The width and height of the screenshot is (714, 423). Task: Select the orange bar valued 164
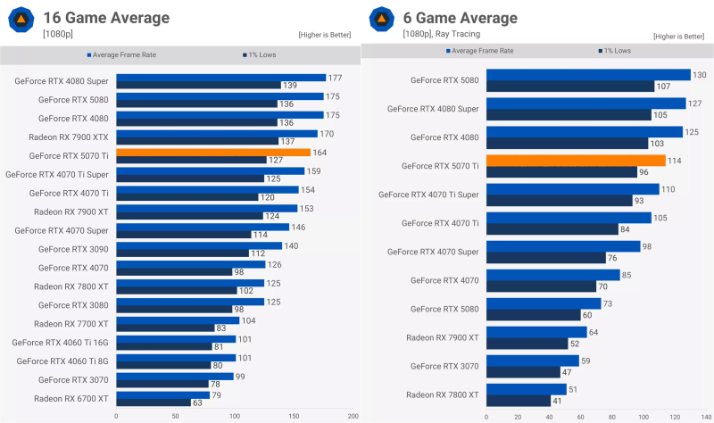click(213, 153)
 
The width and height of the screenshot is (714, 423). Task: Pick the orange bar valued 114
click(575, 161)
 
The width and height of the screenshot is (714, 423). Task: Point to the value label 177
click(336, 78)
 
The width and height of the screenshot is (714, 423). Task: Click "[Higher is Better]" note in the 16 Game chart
click(324, 35)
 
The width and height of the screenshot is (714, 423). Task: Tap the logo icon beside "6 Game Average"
click(379, 20)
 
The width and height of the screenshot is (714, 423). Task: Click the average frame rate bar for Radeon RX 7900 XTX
click(217, 134)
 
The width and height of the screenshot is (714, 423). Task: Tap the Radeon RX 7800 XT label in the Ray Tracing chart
click(442, 394)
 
